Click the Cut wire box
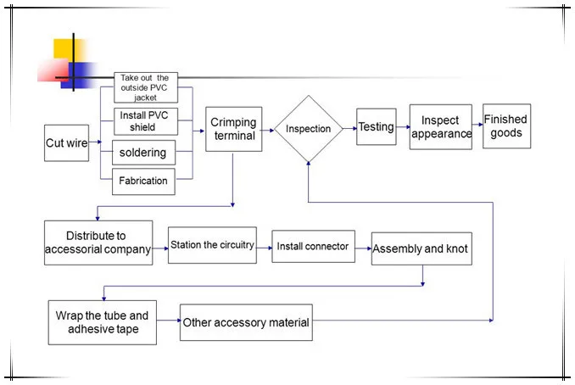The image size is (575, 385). click(x=66, y=143)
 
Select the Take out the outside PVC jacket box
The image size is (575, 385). click(x=145, y=86)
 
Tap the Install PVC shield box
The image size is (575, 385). click(x=145, y=120)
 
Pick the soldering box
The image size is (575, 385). click(x=144, y=153)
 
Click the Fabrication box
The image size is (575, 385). click(x=144, y=181)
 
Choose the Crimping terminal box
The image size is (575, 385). click(x=233, y=129)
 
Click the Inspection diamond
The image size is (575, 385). click(x=308, y=129)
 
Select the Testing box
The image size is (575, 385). click(x=376, y=127)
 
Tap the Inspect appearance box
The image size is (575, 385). click(x=440, y=127)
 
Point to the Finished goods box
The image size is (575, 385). click(x=506, y=126)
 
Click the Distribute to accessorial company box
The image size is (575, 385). click(x=98, y=243)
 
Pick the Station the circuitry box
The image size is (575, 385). click(x=212, y=245)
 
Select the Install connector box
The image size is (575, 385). click(x=313, y=246)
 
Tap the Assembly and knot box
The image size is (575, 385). click(x=420, y=249)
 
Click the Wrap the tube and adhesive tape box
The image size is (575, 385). click(x=102, y=322)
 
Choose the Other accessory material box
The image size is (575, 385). click(x=246, y=322)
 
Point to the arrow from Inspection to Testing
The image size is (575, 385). click(x=349, y=128)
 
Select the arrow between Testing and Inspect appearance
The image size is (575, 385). click(x=403, y=128)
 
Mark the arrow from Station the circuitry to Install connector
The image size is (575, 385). click(x=264, y=247)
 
